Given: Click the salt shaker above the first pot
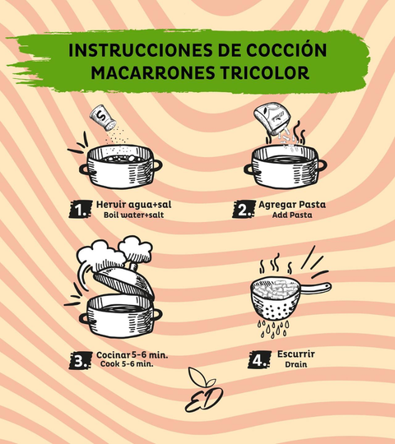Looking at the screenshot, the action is tap(103, 118).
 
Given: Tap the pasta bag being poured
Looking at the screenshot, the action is tap(272, 118).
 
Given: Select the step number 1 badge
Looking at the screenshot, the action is tap(81, 210).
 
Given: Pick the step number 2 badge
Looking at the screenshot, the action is tap(244, 210).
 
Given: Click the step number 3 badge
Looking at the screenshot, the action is tap(81, 360).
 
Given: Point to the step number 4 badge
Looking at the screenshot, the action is tap(259, 359).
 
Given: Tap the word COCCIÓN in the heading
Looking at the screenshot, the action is tap(286, 50).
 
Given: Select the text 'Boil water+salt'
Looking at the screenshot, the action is tap(134, 215).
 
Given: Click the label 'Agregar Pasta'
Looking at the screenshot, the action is tap(292, 205).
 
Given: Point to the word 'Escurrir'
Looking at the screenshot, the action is tap(295, 354).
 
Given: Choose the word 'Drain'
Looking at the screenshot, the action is tap(295, 364).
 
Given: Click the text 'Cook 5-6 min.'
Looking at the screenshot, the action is tap(127, 364).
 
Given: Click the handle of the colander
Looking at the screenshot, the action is tap(315, 288).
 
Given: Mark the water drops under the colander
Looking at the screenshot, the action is tap(273, 329).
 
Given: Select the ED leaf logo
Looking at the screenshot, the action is tap(204, 391).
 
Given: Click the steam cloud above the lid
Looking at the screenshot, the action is tap(114, 252).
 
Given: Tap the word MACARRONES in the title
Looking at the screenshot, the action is tap(153, 73).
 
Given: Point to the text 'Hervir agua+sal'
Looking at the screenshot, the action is tap(134, 205).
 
